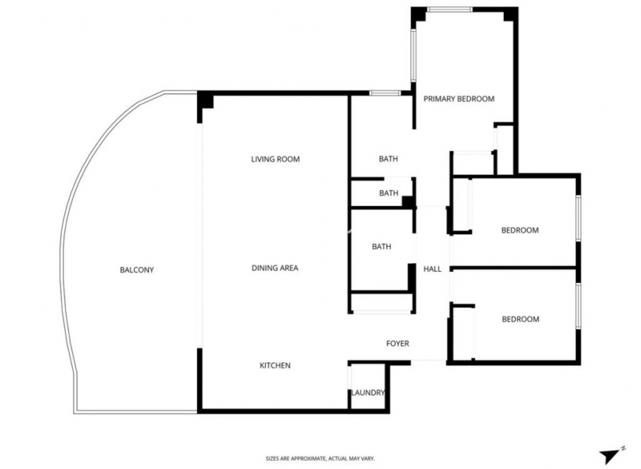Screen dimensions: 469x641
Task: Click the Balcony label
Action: (x=136, y=270)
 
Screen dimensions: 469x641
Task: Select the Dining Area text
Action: (x=274, y=268)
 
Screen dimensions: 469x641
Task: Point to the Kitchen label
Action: (x=274, y=366)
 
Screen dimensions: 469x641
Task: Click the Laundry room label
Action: (x=368, y=393)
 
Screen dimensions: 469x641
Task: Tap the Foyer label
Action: (x=397, y=344)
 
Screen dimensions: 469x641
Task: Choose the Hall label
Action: (x=432, y=269)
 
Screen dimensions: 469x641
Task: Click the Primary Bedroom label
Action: (x=458, y=99)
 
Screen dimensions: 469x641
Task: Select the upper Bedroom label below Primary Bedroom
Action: (x=519, y=230)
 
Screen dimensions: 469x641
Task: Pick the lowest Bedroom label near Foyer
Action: (x=519, y=319)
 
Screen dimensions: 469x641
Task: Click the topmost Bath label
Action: (x=388, y=159)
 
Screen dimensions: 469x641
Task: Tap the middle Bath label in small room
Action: (x=388, y=193)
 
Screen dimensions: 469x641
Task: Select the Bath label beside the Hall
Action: (x=381, y=247)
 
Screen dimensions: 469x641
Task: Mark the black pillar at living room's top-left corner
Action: (x=205, y=102)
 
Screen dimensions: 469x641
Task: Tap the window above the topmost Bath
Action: (x=385, y=93)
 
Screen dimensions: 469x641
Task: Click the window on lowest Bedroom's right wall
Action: (x=578, y=305)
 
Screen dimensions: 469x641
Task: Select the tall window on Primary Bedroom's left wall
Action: (x=414, y=56)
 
